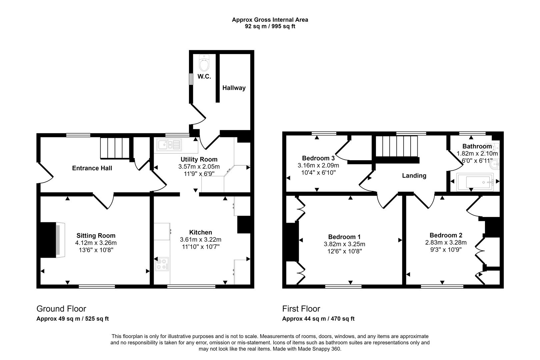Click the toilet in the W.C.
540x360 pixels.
pos(204,63)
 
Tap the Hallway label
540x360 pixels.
pos(234,88)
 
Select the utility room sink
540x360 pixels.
pos(169,145)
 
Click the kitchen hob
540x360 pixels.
pos(162,264)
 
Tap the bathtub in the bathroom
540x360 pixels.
pos(475,182)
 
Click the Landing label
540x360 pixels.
pos(414,176)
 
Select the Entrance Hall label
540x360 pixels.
pos(92,168)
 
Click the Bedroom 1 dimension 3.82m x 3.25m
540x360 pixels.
pos(344,244)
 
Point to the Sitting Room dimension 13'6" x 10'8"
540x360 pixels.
pos(96,250)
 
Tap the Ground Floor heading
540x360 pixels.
pos(61,309)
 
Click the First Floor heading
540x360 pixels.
pos(301,309)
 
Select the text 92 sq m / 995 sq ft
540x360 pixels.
pos(270,26)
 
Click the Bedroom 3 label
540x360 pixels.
pos(318,158)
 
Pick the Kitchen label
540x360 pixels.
pos(201,232)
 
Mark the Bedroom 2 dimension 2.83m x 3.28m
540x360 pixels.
pos(446,242)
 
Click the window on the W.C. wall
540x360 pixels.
pos(191,79)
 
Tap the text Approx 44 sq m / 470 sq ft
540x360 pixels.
pos(318,319)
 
